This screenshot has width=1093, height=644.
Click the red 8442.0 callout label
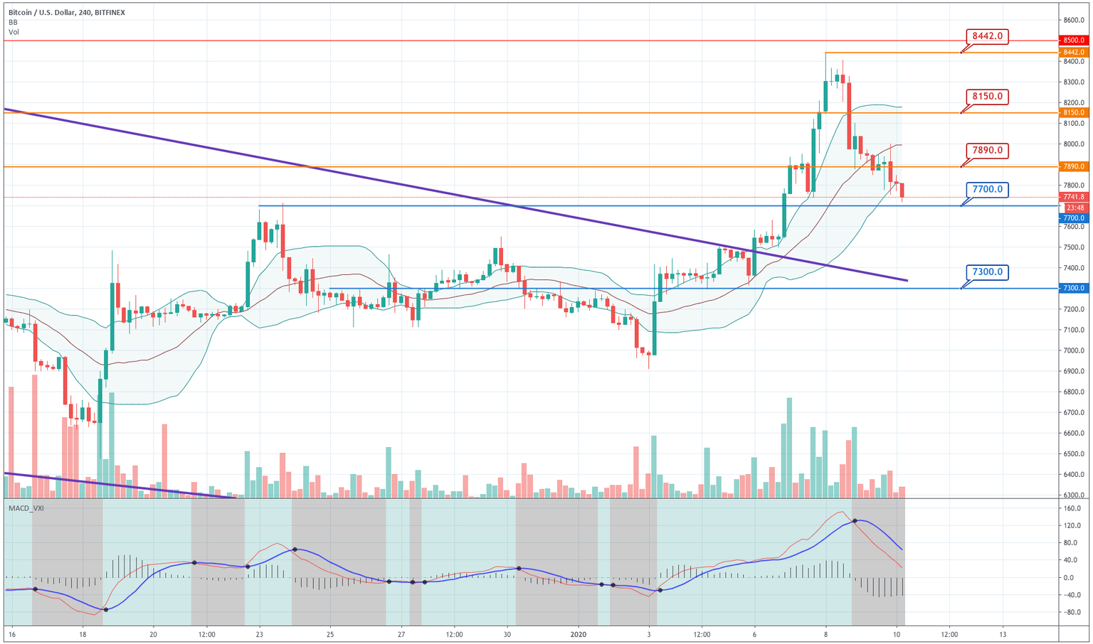coord(987,36)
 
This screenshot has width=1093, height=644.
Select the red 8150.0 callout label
coord(987,96)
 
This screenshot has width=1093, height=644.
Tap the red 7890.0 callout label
coord(987,150)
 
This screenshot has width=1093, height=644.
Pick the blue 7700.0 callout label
coord(987,190)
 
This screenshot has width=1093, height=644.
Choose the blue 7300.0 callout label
coord(987,272)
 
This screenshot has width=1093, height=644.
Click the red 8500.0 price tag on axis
coord(1074,41)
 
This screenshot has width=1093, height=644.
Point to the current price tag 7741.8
coord(1074,197)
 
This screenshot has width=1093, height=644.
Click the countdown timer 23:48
coord(1074,208)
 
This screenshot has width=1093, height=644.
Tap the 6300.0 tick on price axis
coord(1074,495)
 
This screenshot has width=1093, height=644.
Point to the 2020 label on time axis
coord(579,634)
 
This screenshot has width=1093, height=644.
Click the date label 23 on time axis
coord(259,634)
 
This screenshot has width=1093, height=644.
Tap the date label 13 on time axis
coord(1003,634)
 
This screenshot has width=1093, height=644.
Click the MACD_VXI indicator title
coord(26,508)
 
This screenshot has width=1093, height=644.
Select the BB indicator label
coord(14,23)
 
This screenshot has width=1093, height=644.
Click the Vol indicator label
coord(14,33)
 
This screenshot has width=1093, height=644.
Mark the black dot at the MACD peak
coord(855,522)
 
